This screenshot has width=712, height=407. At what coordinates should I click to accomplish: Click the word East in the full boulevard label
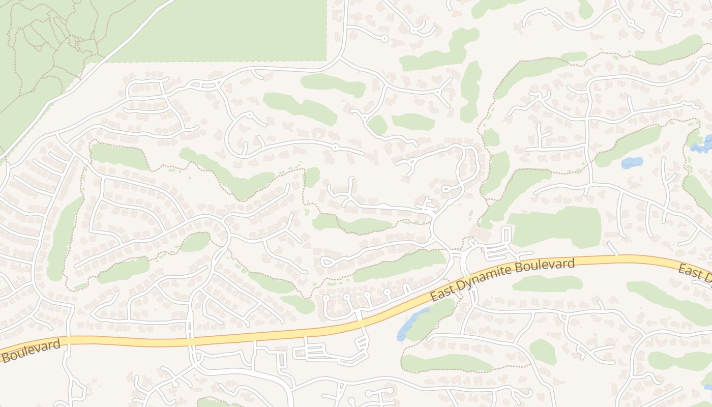[x=441, y=295]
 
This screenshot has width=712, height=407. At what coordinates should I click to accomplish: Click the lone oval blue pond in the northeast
[x=632, y=163]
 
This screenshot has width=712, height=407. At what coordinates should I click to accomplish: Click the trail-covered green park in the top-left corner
[x=41, y=56]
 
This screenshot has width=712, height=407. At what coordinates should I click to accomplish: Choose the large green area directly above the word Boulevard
[x=557, y=226]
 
